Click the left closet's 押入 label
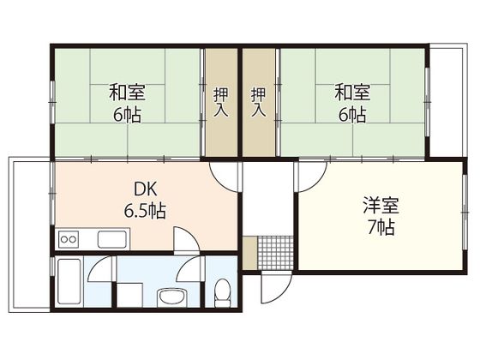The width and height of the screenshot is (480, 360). pos(221,101)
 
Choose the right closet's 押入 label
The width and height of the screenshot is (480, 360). pos(259,101)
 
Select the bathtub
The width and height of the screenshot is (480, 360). pos(69,284)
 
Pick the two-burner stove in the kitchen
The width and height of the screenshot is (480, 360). pos(68,238)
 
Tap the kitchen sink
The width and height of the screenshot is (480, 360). pos(112,238)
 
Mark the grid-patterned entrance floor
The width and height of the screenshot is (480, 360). pos(274,250)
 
